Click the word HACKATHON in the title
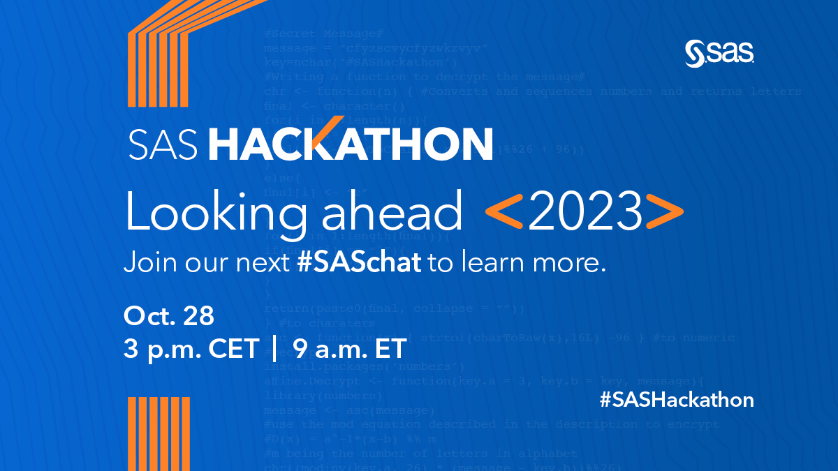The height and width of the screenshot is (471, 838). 351,144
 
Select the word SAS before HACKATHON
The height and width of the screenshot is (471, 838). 164,144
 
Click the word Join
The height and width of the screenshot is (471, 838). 148,264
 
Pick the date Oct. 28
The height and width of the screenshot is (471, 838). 168,315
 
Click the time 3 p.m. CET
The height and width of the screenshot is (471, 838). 191,349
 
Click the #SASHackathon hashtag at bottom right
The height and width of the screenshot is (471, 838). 677,401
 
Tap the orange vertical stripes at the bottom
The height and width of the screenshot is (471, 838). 149,433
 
